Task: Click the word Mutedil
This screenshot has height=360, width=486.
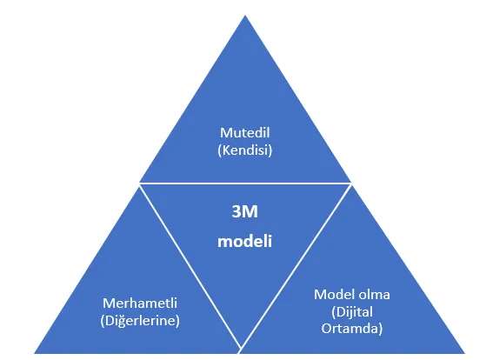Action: pos(245,133)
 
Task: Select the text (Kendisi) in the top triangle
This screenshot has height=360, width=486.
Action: pos(245,150)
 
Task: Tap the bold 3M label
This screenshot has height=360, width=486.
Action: pos(245,212)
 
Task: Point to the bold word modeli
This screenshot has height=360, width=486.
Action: pos(245,241)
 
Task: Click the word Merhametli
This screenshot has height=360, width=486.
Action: pos(140,303)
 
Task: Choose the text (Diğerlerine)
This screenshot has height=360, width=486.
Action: pos(140,321)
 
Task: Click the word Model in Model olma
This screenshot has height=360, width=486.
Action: pos(333,295)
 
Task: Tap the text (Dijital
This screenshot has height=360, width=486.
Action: pos(352,312)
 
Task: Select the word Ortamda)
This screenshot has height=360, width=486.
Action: pos(352,329)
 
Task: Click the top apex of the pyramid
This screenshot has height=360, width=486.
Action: pos(245,15)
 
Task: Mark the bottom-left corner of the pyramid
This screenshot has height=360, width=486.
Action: pos(34,353)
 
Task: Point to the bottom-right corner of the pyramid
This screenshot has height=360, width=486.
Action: pos(465,353)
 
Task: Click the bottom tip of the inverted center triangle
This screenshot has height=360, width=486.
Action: pos(241,348)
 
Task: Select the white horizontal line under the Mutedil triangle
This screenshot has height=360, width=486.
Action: pos(245,183)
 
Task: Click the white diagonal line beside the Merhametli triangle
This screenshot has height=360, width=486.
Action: pos(190,266)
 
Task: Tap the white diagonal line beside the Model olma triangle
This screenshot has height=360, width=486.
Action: pos(296,266)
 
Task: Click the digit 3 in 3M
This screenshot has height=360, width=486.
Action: pos(236,212)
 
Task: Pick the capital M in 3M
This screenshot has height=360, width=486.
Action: pos(250,212)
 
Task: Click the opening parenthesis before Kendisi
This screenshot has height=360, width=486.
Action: pos(219,150)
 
